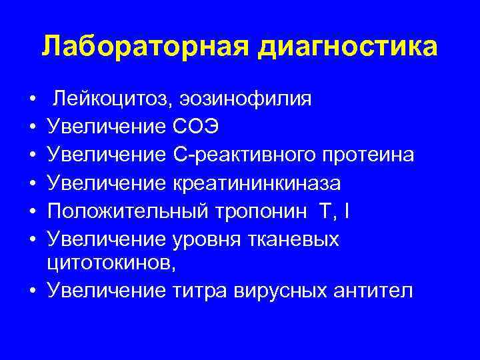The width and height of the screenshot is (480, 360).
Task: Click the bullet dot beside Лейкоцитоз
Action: click(33, 101)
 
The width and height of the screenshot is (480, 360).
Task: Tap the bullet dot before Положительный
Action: click(33, 211)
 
